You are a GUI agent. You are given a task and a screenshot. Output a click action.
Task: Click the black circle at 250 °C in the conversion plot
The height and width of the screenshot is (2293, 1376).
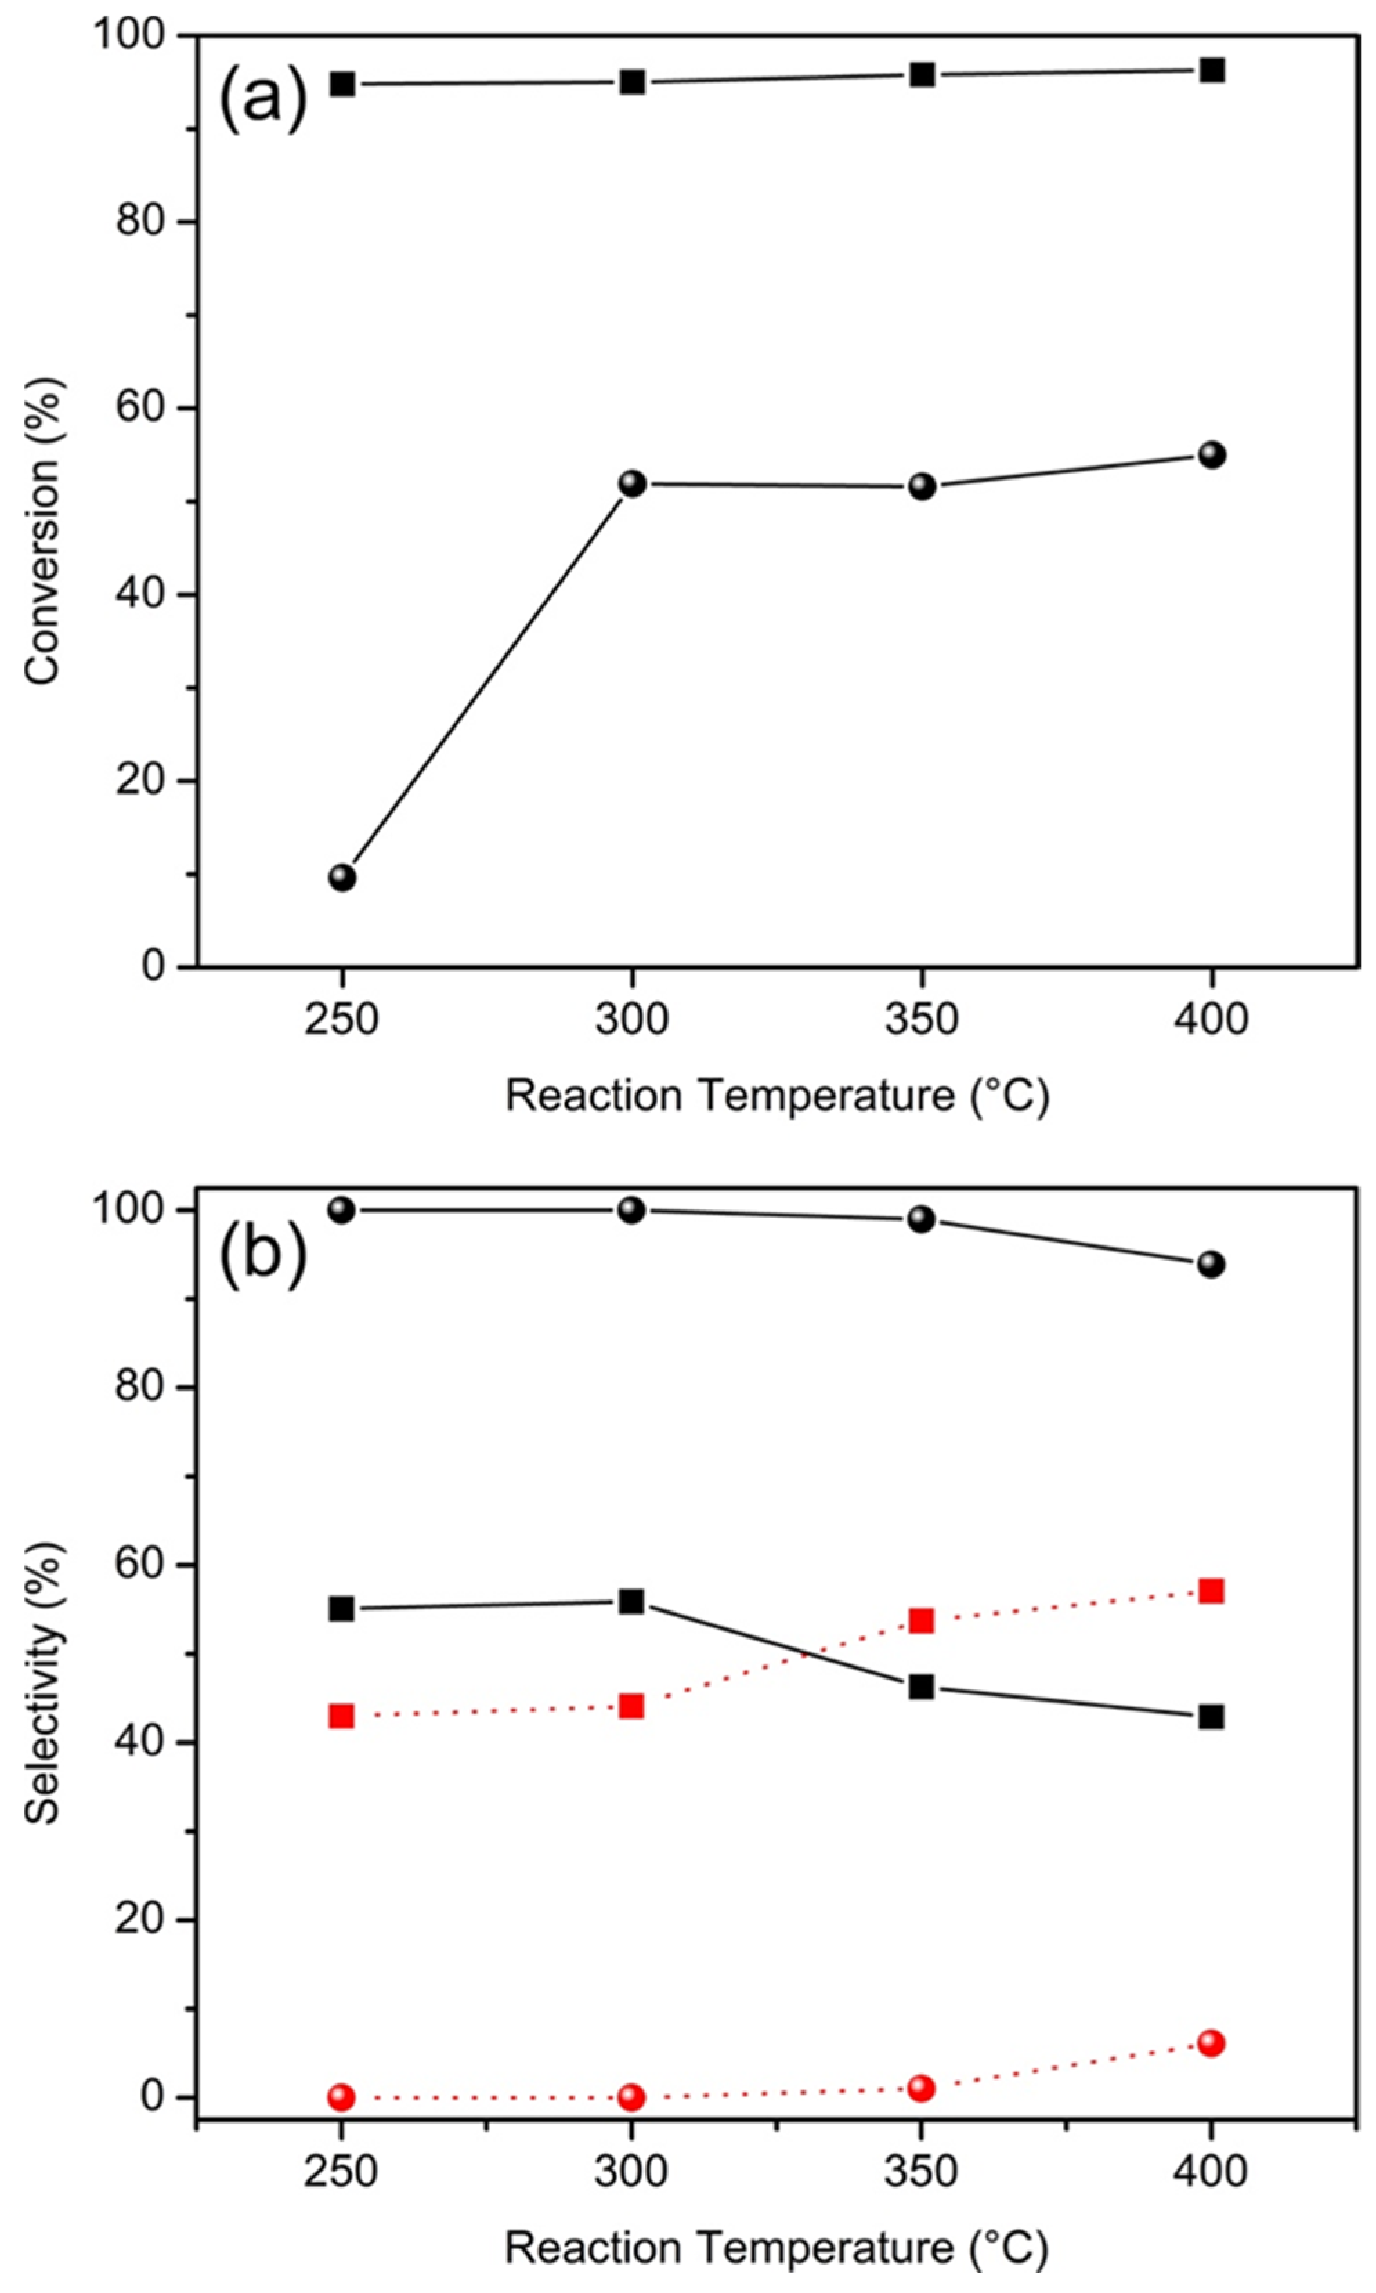click(x=342, y=877)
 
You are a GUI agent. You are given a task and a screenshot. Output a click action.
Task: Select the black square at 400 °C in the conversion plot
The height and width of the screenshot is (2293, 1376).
click(x=1212, y=71)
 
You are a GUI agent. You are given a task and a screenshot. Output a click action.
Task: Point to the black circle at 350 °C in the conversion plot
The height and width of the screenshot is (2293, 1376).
click(x=922, y=486)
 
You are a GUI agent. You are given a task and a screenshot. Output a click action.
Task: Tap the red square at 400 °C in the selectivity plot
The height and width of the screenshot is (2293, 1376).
click(x=1211, y=1591)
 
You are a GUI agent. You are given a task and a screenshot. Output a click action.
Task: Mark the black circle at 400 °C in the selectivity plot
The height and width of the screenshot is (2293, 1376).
click(x=1211, y=1264)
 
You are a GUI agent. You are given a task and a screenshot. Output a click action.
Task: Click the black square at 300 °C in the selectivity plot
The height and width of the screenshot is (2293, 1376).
click(x=631, y=1602)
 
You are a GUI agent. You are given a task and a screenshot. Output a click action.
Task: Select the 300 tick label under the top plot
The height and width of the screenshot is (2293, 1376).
click(x=631, y=1020)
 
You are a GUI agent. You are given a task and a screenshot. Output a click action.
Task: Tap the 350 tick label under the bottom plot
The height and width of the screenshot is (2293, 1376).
click(x=921, y=2171)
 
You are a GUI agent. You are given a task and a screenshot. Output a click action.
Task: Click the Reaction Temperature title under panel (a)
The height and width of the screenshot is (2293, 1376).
click(x=777, y=1096)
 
